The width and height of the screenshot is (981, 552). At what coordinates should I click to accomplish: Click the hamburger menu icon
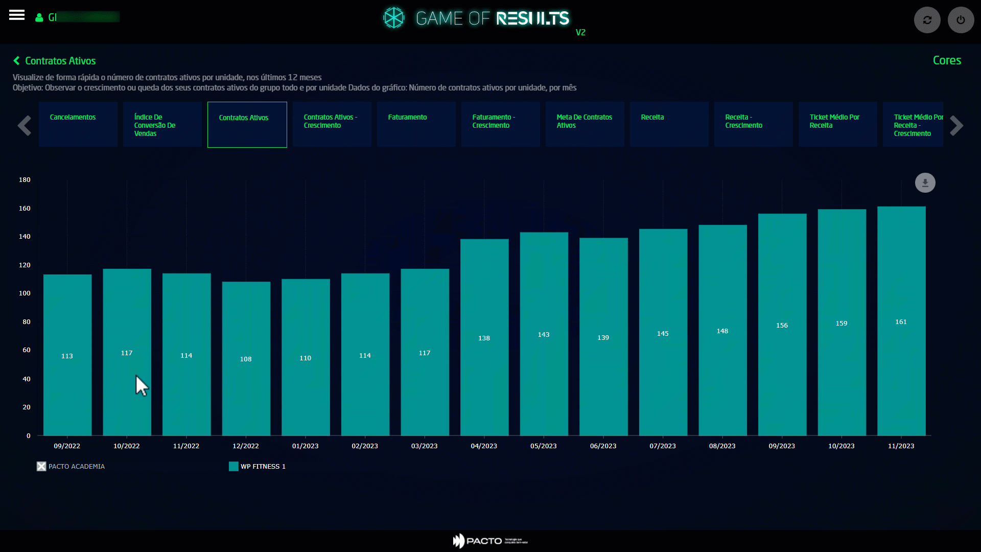pyautogui.click(x=17, y=15)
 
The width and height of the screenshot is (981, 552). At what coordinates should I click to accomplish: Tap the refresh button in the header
pyautogui.click(x=927, y=20)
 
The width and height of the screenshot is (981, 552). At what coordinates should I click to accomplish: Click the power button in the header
pyautogui.click(x=961, y=20)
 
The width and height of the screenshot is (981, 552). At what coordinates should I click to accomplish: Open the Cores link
pyautogui.click(x=947, y=60)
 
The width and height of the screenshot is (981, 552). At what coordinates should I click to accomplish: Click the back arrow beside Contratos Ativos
pyautogui.click(x=16, y=61)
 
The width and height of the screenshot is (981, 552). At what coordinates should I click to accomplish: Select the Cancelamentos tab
pyautogui.click(x=78, y=124)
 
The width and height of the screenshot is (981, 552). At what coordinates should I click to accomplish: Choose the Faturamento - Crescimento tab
pyautogui.click(x=500, y=124)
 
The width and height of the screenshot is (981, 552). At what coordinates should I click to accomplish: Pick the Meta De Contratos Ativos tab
pyautogui.click(x=585, y=124)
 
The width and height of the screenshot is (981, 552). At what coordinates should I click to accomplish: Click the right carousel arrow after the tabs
pyautogui.click(x=956, y=126)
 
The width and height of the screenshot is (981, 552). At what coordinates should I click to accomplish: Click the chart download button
pyautogui.click(x=925, y=182)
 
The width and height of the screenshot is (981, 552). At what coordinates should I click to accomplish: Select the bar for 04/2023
pyautogui.click(x=484, y=337)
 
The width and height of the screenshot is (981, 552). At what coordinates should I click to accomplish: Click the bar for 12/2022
pyautogui.click(x=246, y=358)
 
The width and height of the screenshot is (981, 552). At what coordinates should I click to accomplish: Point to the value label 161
pyautogui.click(x=901, y=322)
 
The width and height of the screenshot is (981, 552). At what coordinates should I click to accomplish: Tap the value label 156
pyautogui.click(x=782, y=326)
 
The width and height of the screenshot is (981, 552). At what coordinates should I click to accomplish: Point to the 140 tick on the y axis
pyautogui.click(x=25, y=237)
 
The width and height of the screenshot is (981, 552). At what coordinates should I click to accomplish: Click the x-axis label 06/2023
pyautogui.click(x=603, y=446)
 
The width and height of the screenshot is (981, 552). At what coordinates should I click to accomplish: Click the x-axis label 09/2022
pyautogui.click(x=67, y=446)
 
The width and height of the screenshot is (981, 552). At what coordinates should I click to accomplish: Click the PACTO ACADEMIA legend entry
pyautogui.click(x=71, y=467)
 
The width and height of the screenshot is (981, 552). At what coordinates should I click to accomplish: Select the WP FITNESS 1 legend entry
pyautogui.click(x=258, y=467)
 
